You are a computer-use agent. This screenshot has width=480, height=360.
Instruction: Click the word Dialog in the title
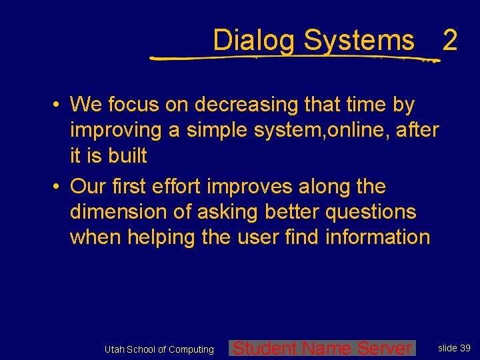pos(253,41)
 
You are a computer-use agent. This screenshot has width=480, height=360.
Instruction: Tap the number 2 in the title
pos(450,41)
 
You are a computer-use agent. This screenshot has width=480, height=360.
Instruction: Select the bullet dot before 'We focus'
pos(59,105)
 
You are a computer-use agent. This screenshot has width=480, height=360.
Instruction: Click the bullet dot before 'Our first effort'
pos(59,187)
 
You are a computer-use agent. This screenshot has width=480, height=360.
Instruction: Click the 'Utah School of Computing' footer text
pos(159,349)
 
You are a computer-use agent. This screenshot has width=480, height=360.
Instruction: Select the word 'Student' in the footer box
pos(265,348)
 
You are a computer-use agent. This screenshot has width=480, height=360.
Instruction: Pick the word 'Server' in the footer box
pos(385,348)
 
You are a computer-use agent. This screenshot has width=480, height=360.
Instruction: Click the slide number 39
pos(465,348)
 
